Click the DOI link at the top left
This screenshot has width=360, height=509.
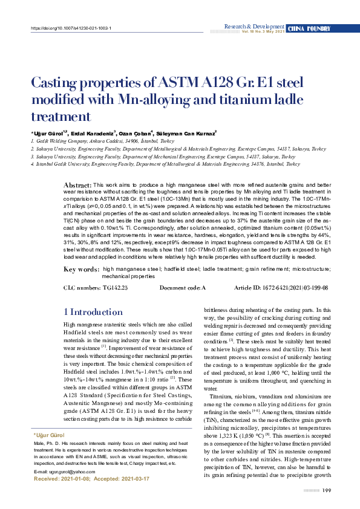pyautogui.click(x=71, y=28)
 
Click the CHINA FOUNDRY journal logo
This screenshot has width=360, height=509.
pyautogui.click(x=309, y=28)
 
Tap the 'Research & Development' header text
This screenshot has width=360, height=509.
pyautogui.click(x=254, y=27)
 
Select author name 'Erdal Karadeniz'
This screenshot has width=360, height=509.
pyautogui.click(x=94, y=132)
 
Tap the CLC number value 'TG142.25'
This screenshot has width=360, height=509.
pyautogui.click(x=116, y=288)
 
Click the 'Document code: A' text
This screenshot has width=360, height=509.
pyautogui.click(x=183, y=288)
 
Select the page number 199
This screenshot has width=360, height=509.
pyautogui.click(x=326, y=490)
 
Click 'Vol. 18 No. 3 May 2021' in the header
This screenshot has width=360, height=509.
pyautogui.click(x=263, y=31)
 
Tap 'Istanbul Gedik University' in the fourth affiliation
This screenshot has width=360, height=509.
pyautogui.click(x=62, y=163)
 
